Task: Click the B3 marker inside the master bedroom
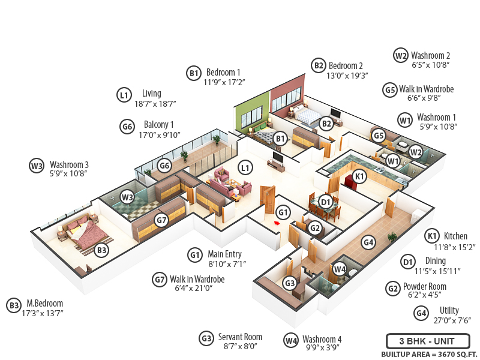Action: pyautogui.click(x=102, y=249)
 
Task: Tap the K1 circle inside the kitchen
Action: pyautogui.click(x=359, y=176)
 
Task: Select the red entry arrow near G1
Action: pyautogui.click(x=277, y=223)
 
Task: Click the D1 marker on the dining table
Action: pyautogui.click(x=326, y=202)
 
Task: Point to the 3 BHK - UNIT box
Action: pyautogui.click(x=427, y=341)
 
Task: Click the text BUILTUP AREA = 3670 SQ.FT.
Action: pyautogui.click(x=429, y=354)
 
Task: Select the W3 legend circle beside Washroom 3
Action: pyautogui.click(x=37, y=166)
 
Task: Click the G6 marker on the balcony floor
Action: pyautogui.click(x=164, y=166)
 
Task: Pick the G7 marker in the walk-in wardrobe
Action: pyautogui.click(x=160, y=220)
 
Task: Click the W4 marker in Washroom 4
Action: pyautogui.click(x=340, y=269)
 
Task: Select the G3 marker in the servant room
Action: pyautogui.click(x=290, y=283)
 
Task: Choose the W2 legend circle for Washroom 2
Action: pyautogui.click(x=401, y=55)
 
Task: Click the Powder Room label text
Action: pyautogui.click(x=424, y=286)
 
